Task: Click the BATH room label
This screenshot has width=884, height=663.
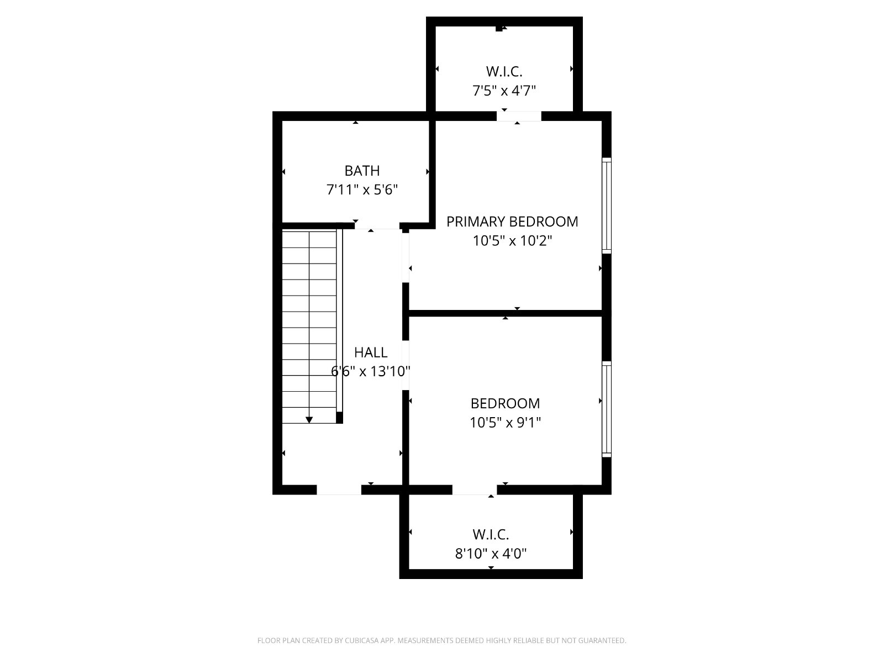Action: [x=362, y=171]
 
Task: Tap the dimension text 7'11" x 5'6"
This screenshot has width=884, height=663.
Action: [x=362, y=190]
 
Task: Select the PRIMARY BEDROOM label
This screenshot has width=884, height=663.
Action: [x=512, y=222]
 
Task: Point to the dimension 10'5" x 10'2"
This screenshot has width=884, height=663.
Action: [x=512, y=241]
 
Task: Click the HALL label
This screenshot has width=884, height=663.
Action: [x=371, y=352]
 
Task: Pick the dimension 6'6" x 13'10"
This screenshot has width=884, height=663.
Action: [x=371, y=371]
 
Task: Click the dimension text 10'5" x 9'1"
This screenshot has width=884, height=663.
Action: [x=505, y=422]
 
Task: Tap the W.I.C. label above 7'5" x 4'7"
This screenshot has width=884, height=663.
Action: [x=504, y=72]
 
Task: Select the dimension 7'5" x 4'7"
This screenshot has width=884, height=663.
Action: [x=504, y=91]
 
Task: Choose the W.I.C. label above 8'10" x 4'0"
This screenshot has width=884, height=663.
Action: [x=491, y=535]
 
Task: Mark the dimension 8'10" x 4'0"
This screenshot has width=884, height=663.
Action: [x=491, y=554]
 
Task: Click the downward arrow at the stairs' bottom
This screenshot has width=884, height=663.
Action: [x=309, y=420]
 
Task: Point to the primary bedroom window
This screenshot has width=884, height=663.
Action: [x=607, y=206]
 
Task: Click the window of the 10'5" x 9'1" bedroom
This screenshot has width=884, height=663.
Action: [x=607, y=409]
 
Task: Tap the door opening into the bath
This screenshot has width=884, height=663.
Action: [x=377, y=225]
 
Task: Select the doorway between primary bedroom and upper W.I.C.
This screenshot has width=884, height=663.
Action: [x=519, y=116]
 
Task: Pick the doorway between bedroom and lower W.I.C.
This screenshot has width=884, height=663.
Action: [x=475, y=490]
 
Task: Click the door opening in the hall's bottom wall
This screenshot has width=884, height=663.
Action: [x=339, y=490]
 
